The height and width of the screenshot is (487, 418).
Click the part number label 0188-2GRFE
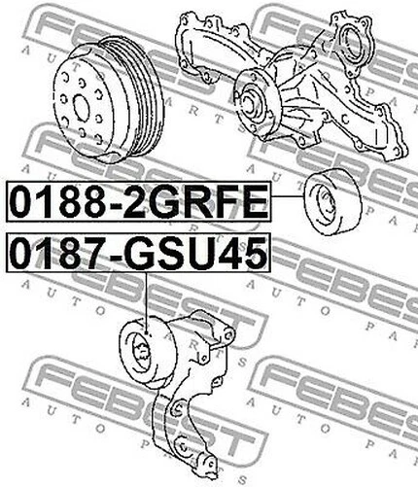[137, 201]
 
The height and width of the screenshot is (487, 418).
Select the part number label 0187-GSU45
[137, 255]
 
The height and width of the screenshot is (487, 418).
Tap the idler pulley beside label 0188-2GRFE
[331, 200]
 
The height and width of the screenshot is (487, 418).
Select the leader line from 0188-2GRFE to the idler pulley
[286, 196]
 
